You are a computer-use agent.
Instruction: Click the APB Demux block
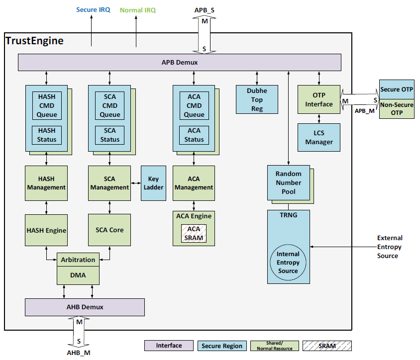[x=179, y=62]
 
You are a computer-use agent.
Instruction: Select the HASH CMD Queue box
[x=47, y=105]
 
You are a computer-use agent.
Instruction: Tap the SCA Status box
[x=109, y=135]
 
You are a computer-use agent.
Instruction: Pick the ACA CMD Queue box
[x=194, y=105]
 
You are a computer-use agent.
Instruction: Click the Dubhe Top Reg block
[x=257, y=99]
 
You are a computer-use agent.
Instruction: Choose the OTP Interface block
[x=319, y=99]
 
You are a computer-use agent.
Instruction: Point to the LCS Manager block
[x=319, y=137]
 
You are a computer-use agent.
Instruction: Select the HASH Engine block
[x=46, y=230]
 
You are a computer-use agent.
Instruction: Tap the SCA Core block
[x=109, y=230]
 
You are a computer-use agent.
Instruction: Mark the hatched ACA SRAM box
[x=194, y=233]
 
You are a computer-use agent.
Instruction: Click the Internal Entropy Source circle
[x=288, y=262]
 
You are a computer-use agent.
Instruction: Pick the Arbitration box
[x=78, y=260]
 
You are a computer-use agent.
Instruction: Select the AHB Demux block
[x=85, y=307]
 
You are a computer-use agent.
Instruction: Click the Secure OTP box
[x=397, y=90]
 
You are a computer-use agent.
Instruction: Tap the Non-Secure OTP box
[x=397, y=109]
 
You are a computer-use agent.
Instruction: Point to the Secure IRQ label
[x=94, y=9]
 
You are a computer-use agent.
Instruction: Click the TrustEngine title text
[x=35, y=41]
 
